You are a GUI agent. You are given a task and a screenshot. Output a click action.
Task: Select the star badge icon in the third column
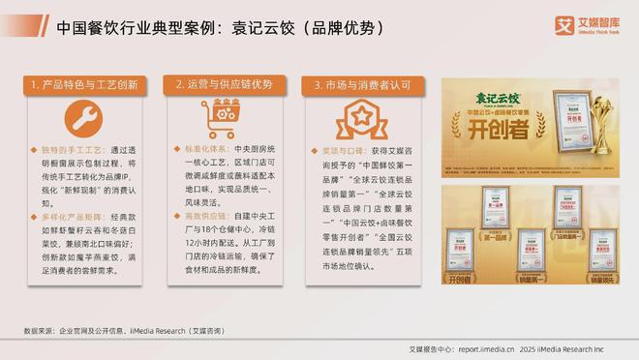(x=354, y=125)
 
